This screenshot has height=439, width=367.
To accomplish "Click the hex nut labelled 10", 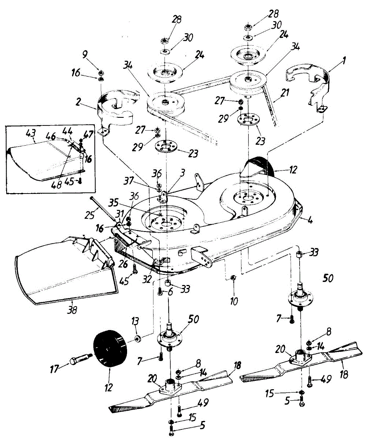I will coord(234,279).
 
